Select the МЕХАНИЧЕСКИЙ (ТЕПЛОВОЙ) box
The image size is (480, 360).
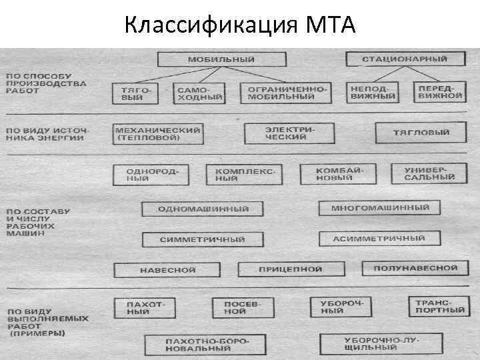coord(159,133)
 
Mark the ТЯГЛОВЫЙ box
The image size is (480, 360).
coord(421,133)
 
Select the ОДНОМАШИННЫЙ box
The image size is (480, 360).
coord(203,209)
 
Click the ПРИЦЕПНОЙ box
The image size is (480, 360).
coord(290,269)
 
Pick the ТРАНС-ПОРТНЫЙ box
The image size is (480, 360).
coord(436,306)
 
